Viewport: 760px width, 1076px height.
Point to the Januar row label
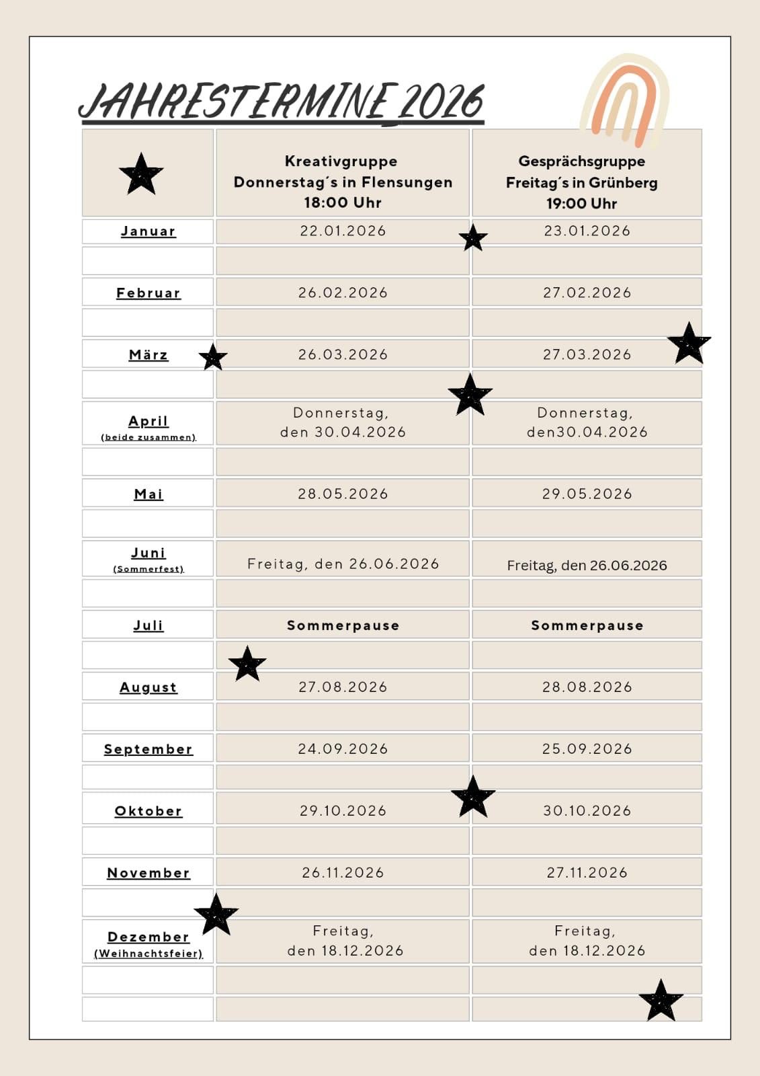pyautogui.click(x=149, y=231)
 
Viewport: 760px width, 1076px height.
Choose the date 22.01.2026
pyautogui.click(x=343, y=231)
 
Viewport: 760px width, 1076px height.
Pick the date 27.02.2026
pyautogui.click(x=587, y=293)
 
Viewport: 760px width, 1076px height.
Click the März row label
pyautogui.click(x=149, y=354)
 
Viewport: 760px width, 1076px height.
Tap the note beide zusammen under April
pyautogui.click(x=149, y=437)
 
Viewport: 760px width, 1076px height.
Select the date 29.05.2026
pyautogui.click(x=587, y=494)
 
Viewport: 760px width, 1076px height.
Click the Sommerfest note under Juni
pyautogui.click(x=149, y=569)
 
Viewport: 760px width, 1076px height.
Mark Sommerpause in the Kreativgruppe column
pyautogui.click(x=343, y=625)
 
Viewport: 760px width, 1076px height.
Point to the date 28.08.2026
pyautogui.click(x=587, y=687)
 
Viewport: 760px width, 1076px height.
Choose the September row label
pyautogui.click(x=149, y=749)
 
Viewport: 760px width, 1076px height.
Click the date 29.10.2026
pyautogui.click(x=343, y=810)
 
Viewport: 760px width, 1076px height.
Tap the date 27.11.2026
pyautogui.click(x=587, y=872)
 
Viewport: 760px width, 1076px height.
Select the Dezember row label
pyautogui.click(x=149, y=937)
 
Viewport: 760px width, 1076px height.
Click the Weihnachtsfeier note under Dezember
pyautogui.click(x=149, y=954)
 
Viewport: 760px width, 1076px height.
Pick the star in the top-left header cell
pyautogui.click(x=141, y=174)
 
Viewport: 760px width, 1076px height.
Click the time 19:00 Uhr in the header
pyautogui.click(x=581, y=203)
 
